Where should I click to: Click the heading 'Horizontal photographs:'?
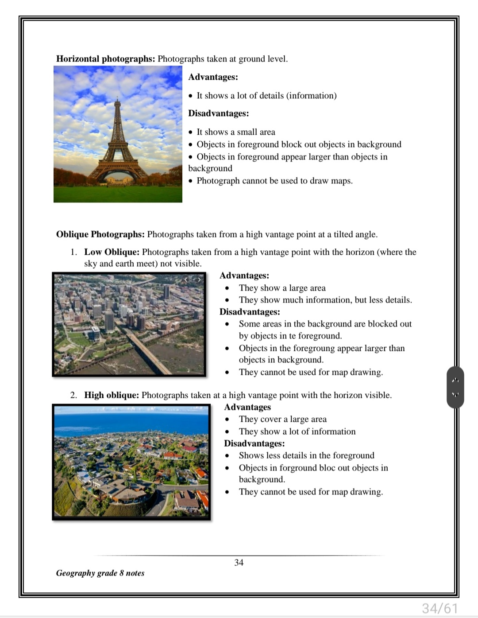tap(105, 59)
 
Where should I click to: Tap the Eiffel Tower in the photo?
tap(117, 142)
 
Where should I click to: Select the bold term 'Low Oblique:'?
tap(112, 252)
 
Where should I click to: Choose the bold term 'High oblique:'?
tap(112, 395)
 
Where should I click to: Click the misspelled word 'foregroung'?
tap(314, 348)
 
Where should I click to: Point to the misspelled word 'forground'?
tap(297, 468)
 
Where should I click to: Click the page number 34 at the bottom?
tap(239, 563)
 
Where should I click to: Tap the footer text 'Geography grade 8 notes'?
tap(100, 573)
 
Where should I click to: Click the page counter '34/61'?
tap(439, 608)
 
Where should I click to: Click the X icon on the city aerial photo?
tap(60, 280)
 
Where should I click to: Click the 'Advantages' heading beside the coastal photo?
tap(247, 407)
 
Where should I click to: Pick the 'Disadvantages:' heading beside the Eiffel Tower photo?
tap(218, 113)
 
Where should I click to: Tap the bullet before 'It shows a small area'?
tap(191, 132)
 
